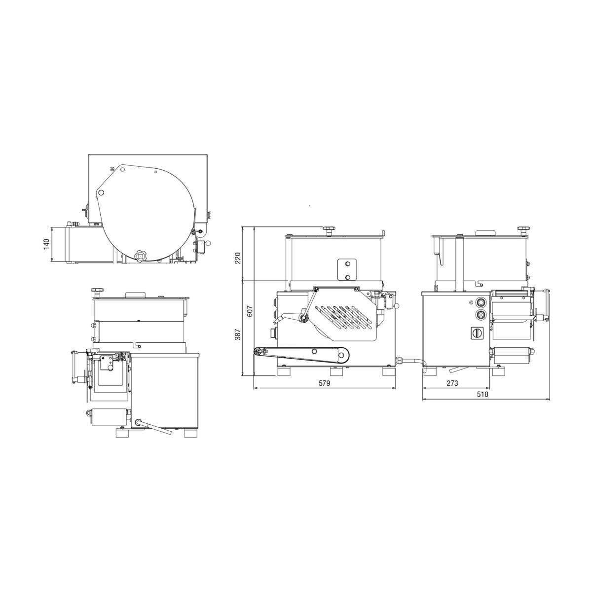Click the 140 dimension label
[x=46, y=244]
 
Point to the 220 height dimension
[x=238, y=258]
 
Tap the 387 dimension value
[x=238, y=333]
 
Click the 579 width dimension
[x=324, y=383]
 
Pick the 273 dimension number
[x=452, y=383]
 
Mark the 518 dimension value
[x=482, y=394]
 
